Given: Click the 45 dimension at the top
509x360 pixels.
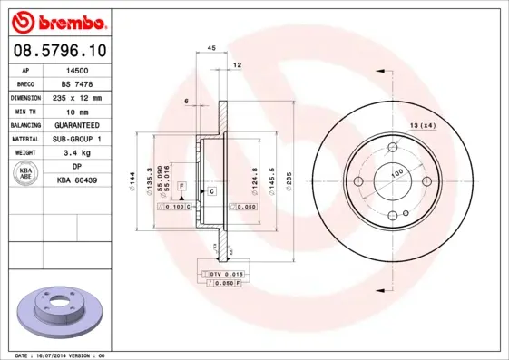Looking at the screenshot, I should [x=210, y=47].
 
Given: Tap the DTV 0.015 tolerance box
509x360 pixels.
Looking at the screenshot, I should [x=228, y=274].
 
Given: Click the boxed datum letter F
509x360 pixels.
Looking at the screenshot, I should [x=181, y=185].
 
